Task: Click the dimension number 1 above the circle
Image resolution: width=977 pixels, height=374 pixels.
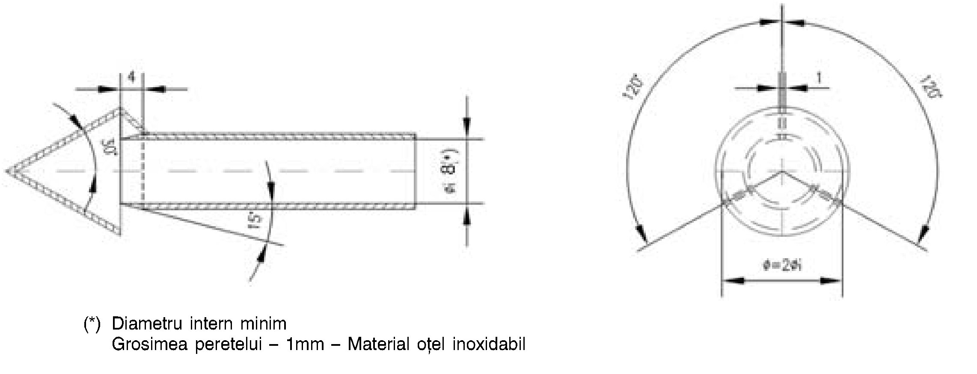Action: coord(819,78)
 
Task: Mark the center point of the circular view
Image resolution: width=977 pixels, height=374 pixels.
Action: coord(782,171)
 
